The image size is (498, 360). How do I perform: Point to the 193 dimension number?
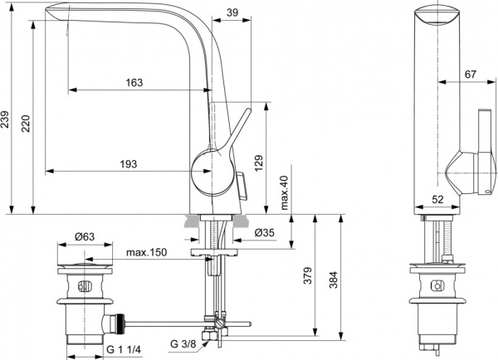click(x=128, y=164)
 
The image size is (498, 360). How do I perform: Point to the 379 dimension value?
click(x=308, y=275)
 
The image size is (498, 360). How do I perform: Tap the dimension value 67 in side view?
click(x=470, y=75)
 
